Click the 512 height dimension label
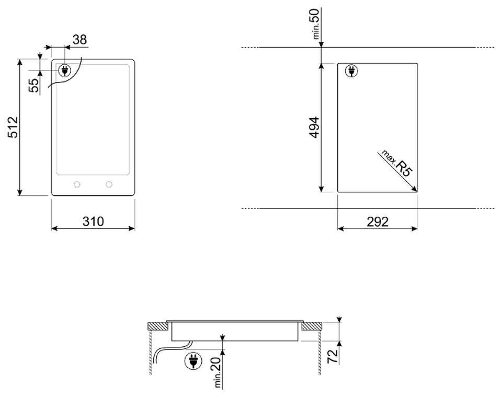(x=13, y=127)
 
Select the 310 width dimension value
(x=93, y=221)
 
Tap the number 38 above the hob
(x=79, y=40)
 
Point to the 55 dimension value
(x=34, y=85)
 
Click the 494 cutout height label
(x=314, y=127)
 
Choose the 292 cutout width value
(x=378, y=221)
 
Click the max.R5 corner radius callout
(x=397, y=163)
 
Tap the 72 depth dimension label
(x=333, y=356)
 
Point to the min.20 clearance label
(x=216, y=372)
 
